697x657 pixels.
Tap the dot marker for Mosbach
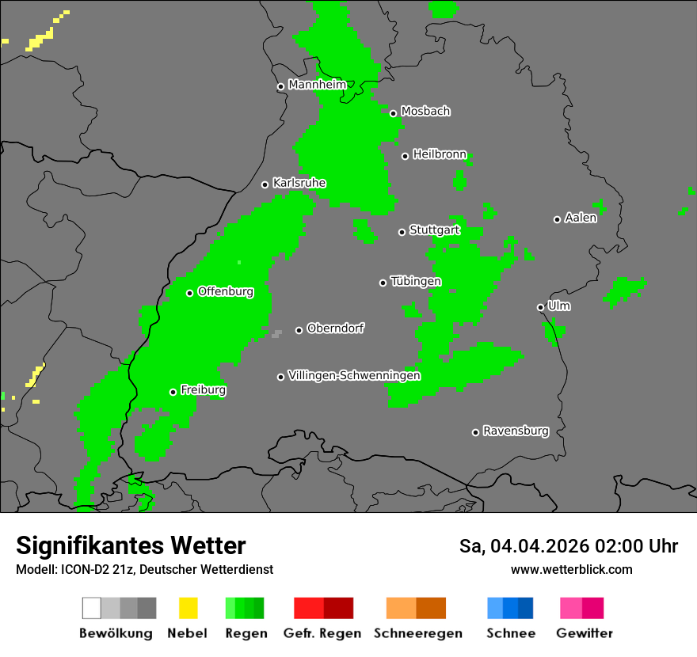coord(393,113)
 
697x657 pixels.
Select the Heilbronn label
coord(440,154)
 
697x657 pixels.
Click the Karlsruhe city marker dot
coord(265,184)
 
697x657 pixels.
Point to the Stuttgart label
coord(434,230)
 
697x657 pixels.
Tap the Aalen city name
coord(581,218)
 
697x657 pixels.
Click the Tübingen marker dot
coord(383,283)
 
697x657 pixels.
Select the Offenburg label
coord(226,291)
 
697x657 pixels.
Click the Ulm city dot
coord(540,307)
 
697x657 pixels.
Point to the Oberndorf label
coord(336,328)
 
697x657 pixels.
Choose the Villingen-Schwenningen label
coord(354,375)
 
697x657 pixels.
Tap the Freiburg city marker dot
coord(173,392)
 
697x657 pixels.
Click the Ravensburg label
coord(516,431)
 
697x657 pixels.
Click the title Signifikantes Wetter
coord(131,545)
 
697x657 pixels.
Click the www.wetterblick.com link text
coord(571,569)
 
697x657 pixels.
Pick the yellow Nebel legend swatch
coord(188,608)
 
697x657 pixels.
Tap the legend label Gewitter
coord(585,633)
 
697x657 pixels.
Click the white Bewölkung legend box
coord(92,608)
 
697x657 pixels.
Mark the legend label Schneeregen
coord(418,633)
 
